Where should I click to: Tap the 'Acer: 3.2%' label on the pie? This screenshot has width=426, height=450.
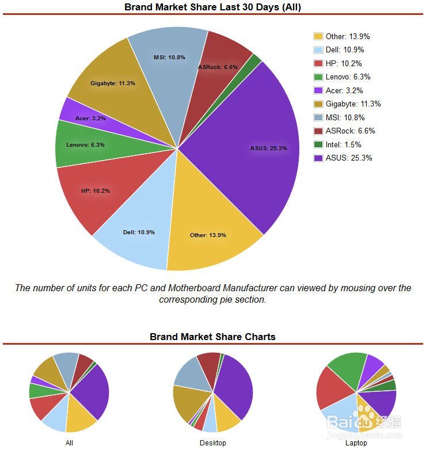tap(90, 119)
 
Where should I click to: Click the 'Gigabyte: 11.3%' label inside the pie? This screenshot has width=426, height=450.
tap(113, 83)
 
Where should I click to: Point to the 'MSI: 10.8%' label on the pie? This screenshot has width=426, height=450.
tap(169, 58)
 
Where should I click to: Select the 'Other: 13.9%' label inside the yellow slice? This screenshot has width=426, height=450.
tap(208, 235)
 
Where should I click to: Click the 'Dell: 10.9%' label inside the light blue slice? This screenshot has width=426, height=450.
tap(139, 232)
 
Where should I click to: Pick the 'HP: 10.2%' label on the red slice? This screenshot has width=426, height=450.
tap(96, 190)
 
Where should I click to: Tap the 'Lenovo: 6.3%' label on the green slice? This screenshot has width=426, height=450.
tap(85, 145)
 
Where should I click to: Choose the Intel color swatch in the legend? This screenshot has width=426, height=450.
tap(318, 144)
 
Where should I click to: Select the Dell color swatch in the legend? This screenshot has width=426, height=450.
tap(318, 50)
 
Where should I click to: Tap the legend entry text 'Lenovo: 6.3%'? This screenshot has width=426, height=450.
tap(348, 77)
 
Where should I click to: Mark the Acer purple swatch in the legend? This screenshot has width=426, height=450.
tap(318, 90)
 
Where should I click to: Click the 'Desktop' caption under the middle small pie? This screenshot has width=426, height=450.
tap(213, 443)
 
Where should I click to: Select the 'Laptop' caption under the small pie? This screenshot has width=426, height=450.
tap(356, 443)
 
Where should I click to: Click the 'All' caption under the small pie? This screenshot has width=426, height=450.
tap(69, 443)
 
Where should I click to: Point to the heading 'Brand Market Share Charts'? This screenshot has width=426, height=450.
tap(212, 337)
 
